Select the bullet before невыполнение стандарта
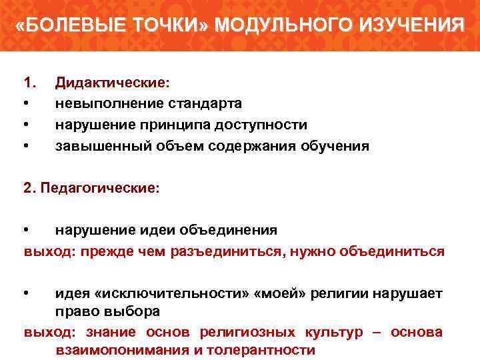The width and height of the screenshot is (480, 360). [x=26, y=104]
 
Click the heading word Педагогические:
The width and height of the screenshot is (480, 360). [x=100, y=189]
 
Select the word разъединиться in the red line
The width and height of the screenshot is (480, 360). [x=229, y=251]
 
